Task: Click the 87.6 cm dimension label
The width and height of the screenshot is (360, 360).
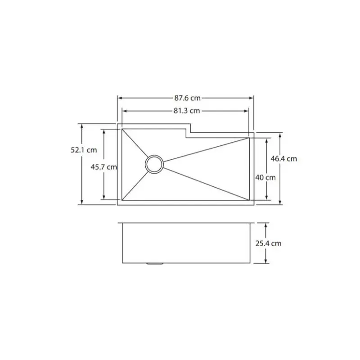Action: click(187, 98)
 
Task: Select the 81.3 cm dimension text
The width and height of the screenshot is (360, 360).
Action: click(187, 111)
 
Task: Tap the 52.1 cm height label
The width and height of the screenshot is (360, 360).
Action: click(84, 150)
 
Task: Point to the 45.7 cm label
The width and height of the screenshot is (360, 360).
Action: click(104, 167)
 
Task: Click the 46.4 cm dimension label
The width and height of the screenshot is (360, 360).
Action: click(284, 159)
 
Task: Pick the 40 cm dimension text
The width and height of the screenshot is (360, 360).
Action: click(265, 177)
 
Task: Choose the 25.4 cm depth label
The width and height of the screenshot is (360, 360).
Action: click(268, 243)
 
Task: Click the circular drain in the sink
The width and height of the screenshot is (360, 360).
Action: click(154, 164)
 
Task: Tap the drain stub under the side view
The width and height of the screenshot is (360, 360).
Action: click(154, 264)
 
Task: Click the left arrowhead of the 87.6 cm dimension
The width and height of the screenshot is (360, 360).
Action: click(120, 98)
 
